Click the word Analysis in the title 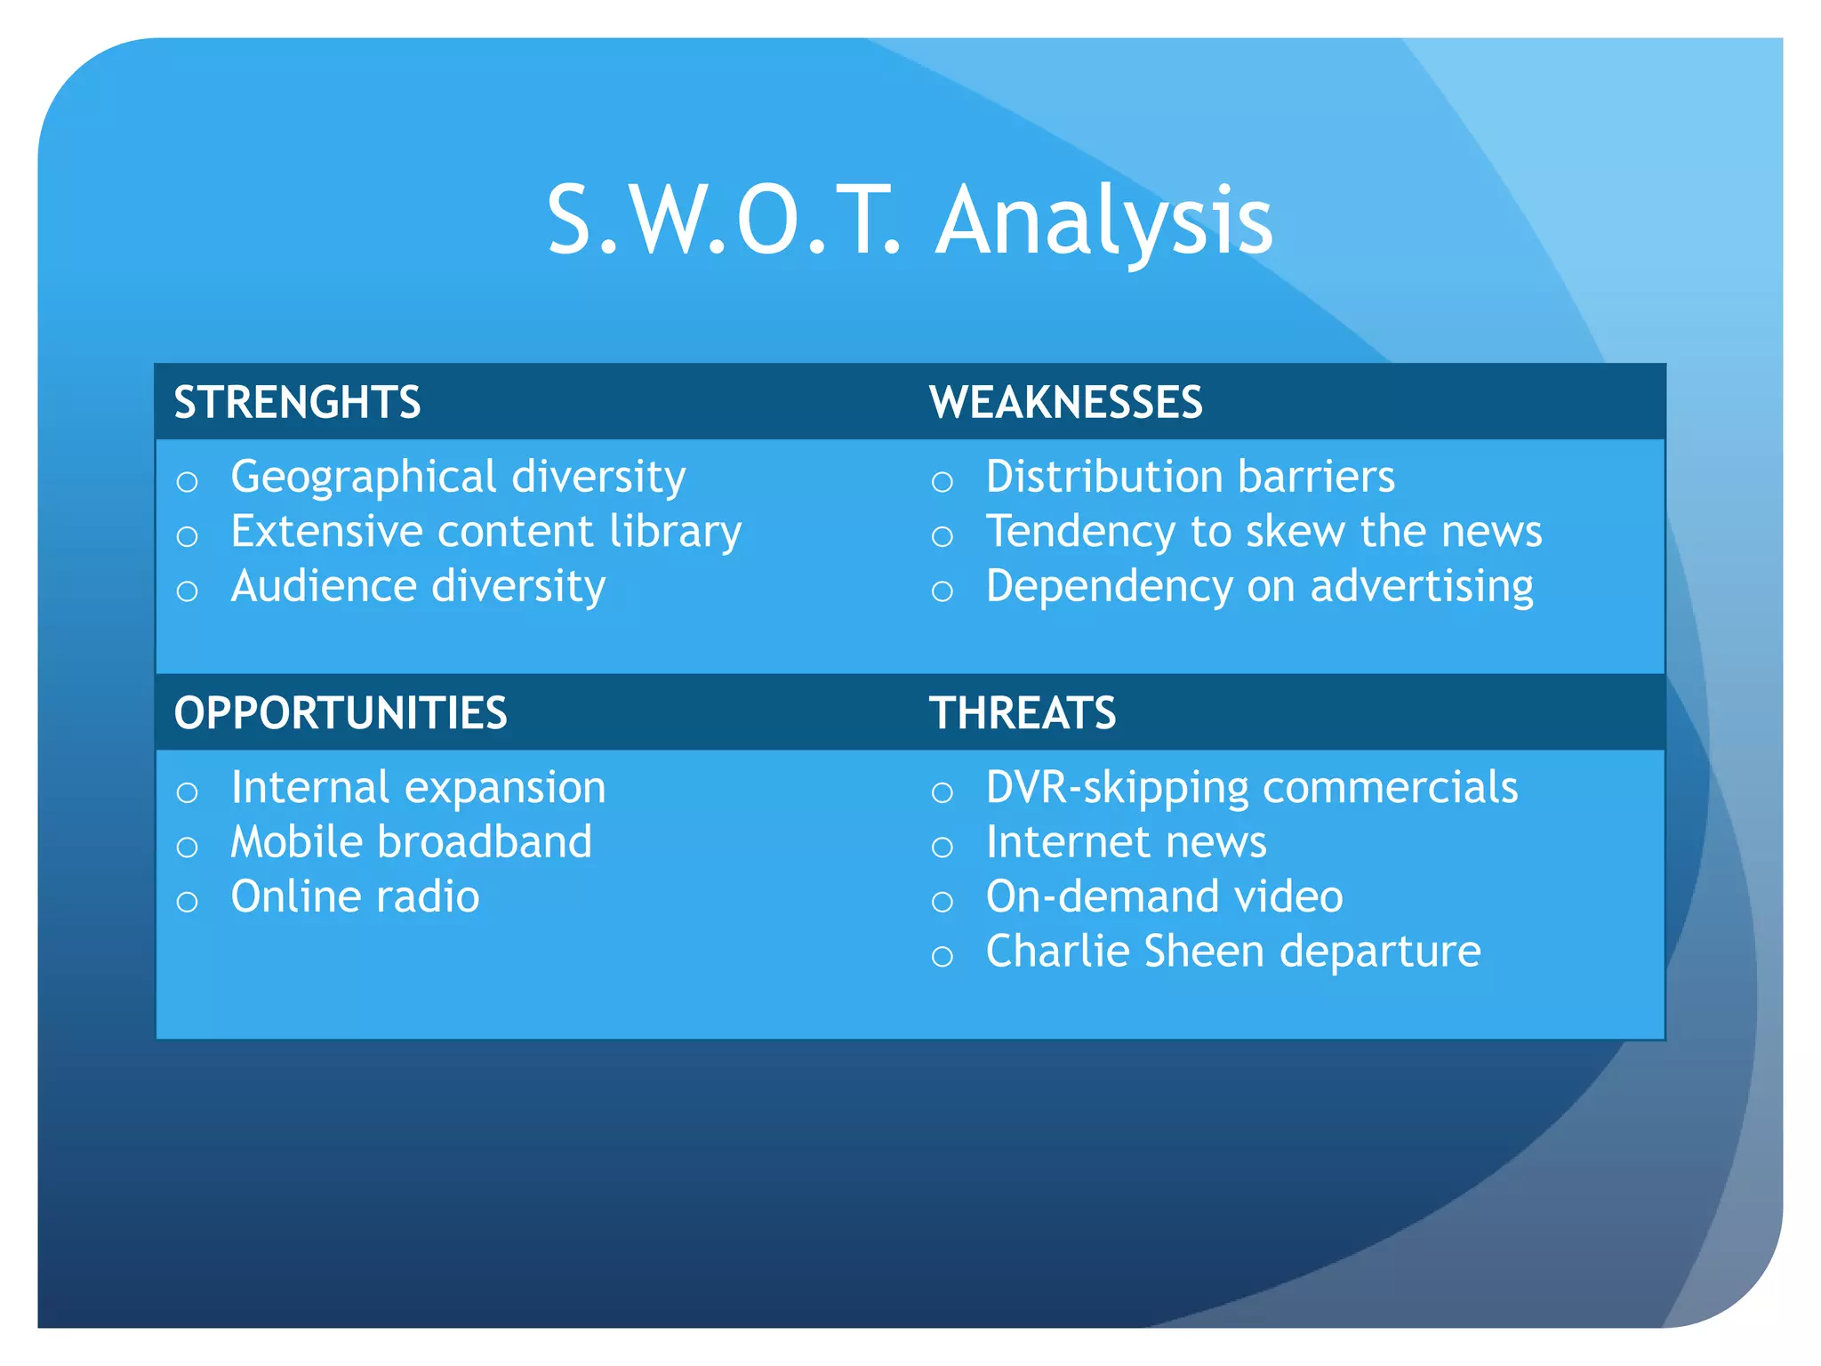(x=1105, y=221)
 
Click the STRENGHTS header (x=297, y=402)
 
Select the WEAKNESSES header (x=1065, y=402)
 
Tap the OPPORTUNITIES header (x=341, y=713)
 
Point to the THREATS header (x=1023, y=713)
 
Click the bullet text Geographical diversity (x=458, y=478)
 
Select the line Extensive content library (x=485, y=532)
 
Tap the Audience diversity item (x=418, y=587)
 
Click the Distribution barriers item (x=1190, y=478)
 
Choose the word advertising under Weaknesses (x=1422, y=587)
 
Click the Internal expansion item (x=418, y=788)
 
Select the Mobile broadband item (x=411, y=842)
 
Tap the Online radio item (x=355, y=896)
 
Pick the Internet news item (x=1126, y=842)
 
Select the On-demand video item (x=1164, y=896)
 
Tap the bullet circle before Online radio (x=187, y=902)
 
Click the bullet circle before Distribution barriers (x=942, y=482)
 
